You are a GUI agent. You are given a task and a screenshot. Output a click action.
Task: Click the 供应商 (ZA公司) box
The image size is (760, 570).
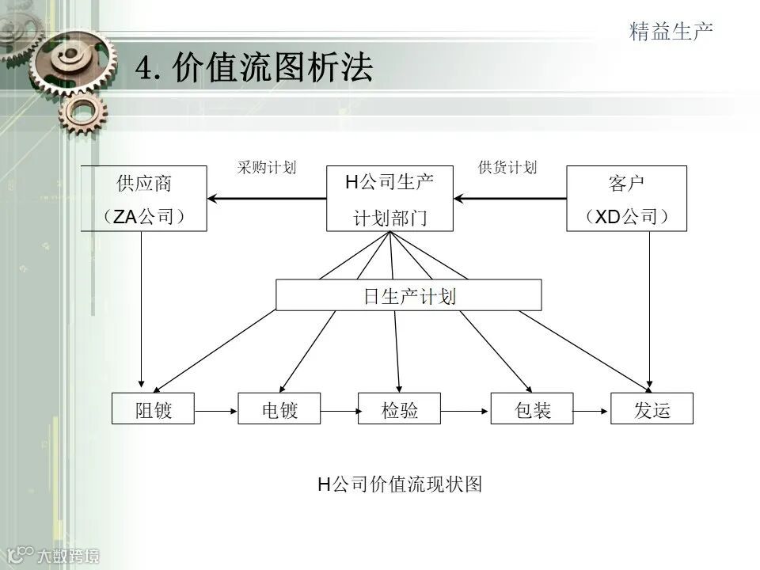[143, 198]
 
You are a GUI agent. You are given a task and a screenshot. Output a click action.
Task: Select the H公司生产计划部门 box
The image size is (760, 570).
[389, 198]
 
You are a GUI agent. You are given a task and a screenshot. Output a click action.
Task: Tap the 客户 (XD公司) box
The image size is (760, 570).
[626, 198]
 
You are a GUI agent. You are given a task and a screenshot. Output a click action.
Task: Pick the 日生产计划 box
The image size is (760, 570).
[408, 295]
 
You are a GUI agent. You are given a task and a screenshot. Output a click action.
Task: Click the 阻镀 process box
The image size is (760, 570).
[153, 408]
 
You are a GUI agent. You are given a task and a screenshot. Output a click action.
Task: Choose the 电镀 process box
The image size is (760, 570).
[279, 408]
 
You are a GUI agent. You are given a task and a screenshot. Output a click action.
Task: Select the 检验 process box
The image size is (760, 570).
[399, 408]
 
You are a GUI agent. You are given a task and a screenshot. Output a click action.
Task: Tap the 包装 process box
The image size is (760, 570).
[532, 408]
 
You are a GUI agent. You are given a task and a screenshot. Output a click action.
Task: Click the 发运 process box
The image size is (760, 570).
[652, 408]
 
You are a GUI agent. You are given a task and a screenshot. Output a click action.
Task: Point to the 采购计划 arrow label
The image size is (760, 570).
[267, 168]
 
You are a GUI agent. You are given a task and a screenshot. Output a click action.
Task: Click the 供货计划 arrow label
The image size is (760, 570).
[507, 168]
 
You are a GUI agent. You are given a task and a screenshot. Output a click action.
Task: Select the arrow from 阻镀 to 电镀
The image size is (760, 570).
[216, 410]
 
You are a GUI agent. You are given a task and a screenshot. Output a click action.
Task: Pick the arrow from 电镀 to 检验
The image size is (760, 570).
[340, 410]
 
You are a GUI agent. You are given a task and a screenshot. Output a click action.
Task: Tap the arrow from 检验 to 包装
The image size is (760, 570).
[465, 410]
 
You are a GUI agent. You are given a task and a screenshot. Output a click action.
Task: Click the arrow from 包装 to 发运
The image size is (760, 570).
[592, 410]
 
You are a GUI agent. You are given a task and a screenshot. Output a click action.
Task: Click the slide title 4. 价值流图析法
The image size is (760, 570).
[253, 69]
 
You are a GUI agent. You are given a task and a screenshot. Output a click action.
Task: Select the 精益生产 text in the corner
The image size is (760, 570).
[671, 32]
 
